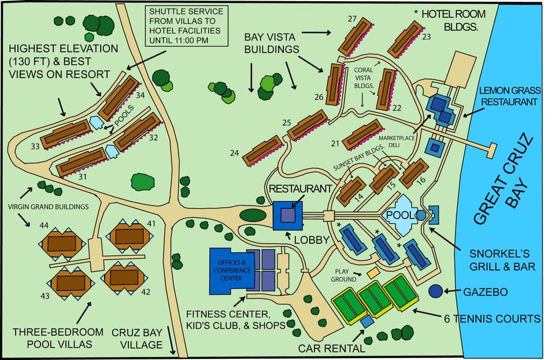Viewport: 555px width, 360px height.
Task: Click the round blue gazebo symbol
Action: [435, 291]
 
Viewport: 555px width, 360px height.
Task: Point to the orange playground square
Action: [373, 272]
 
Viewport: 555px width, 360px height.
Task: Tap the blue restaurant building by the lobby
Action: [287, 216]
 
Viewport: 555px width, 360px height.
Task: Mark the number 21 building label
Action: [335, 143]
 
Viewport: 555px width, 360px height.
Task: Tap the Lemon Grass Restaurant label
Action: [510, 96]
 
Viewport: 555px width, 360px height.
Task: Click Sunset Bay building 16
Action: [414, 172]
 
